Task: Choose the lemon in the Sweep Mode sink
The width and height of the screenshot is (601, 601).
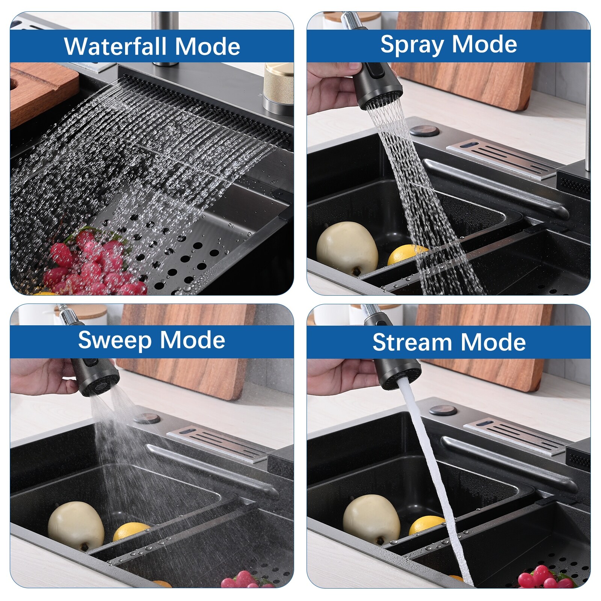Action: [x=131, y=532]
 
